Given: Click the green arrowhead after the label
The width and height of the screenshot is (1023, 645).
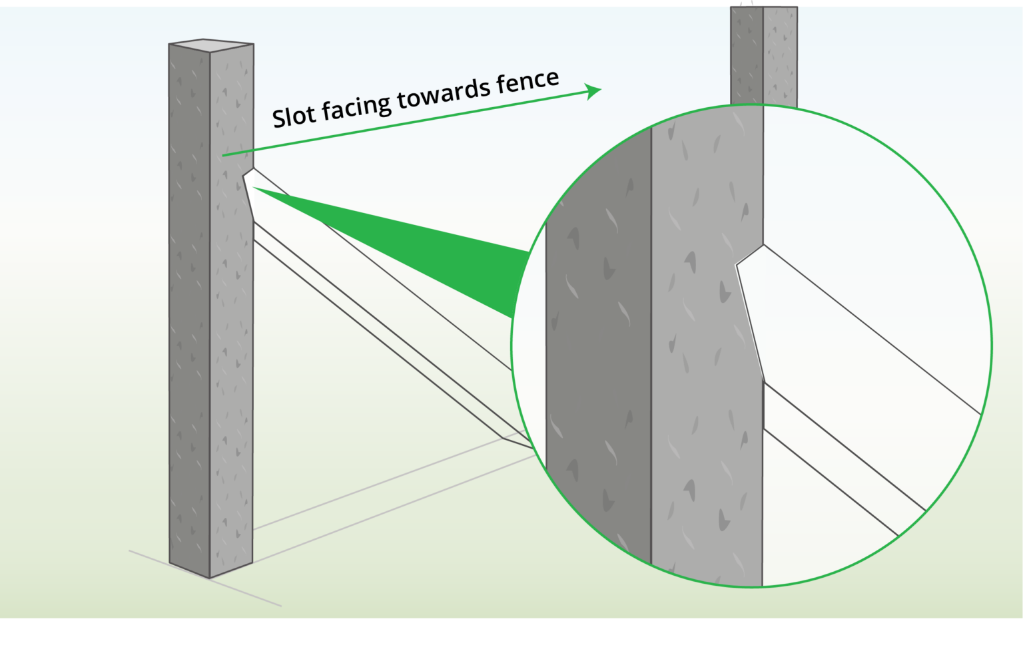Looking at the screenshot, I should (x=593, y=91).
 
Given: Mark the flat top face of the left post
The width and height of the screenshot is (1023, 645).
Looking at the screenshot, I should (x=210, y=45).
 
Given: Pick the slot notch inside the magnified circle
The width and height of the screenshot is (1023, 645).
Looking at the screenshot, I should (x=749, y=313).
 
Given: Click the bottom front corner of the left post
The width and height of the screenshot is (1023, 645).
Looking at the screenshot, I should (x=210, y=576).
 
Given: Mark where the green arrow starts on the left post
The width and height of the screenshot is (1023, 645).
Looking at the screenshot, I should (x=224, y=155).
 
